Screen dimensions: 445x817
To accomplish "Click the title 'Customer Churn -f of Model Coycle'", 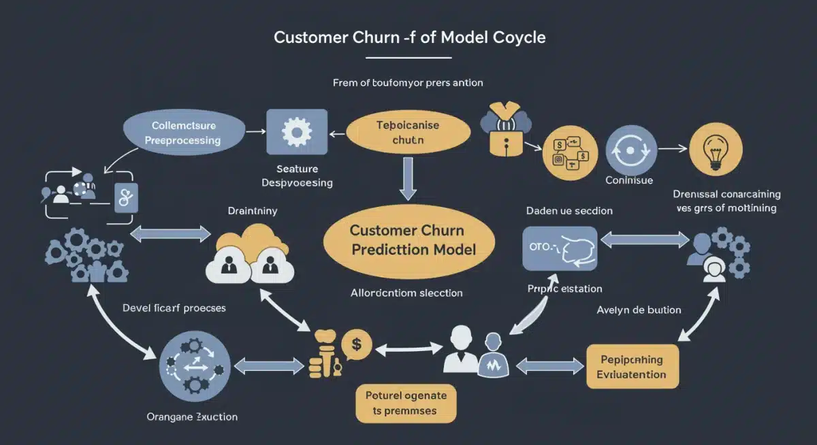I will [409, 37].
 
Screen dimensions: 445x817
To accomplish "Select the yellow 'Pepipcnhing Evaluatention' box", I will [632, 367].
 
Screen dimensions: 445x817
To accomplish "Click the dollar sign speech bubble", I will [356, 344].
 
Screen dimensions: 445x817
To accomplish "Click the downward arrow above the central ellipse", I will [408, 178].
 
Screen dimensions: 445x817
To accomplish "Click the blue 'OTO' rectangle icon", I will [559, 248].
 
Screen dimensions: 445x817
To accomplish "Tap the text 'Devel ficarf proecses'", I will [174, 308].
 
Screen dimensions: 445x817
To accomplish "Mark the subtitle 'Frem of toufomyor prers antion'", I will [408, 83].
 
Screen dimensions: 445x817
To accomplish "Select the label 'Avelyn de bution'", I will [639, 310].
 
